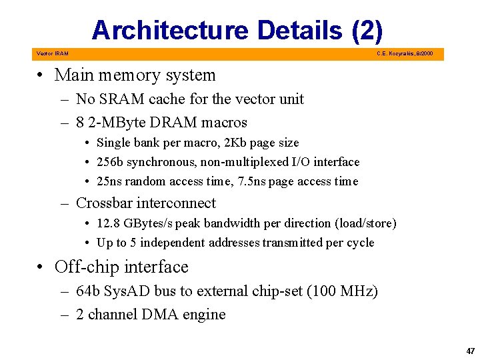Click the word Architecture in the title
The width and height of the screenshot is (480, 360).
point(170,30)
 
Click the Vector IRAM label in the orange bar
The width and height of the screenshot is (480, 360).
point(52,53)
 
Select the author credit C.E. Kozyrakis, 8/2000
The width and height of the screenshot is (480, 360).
point(405,53)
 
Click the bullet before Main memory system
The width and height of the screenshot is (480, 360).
point(41,75)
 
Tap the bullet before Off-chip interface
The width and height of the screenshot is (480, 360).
point(41,267)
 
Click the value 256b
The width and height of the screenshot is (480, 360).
point(111,162)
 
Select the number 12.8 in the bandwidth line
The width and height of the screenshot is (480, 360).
point(108,223)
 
